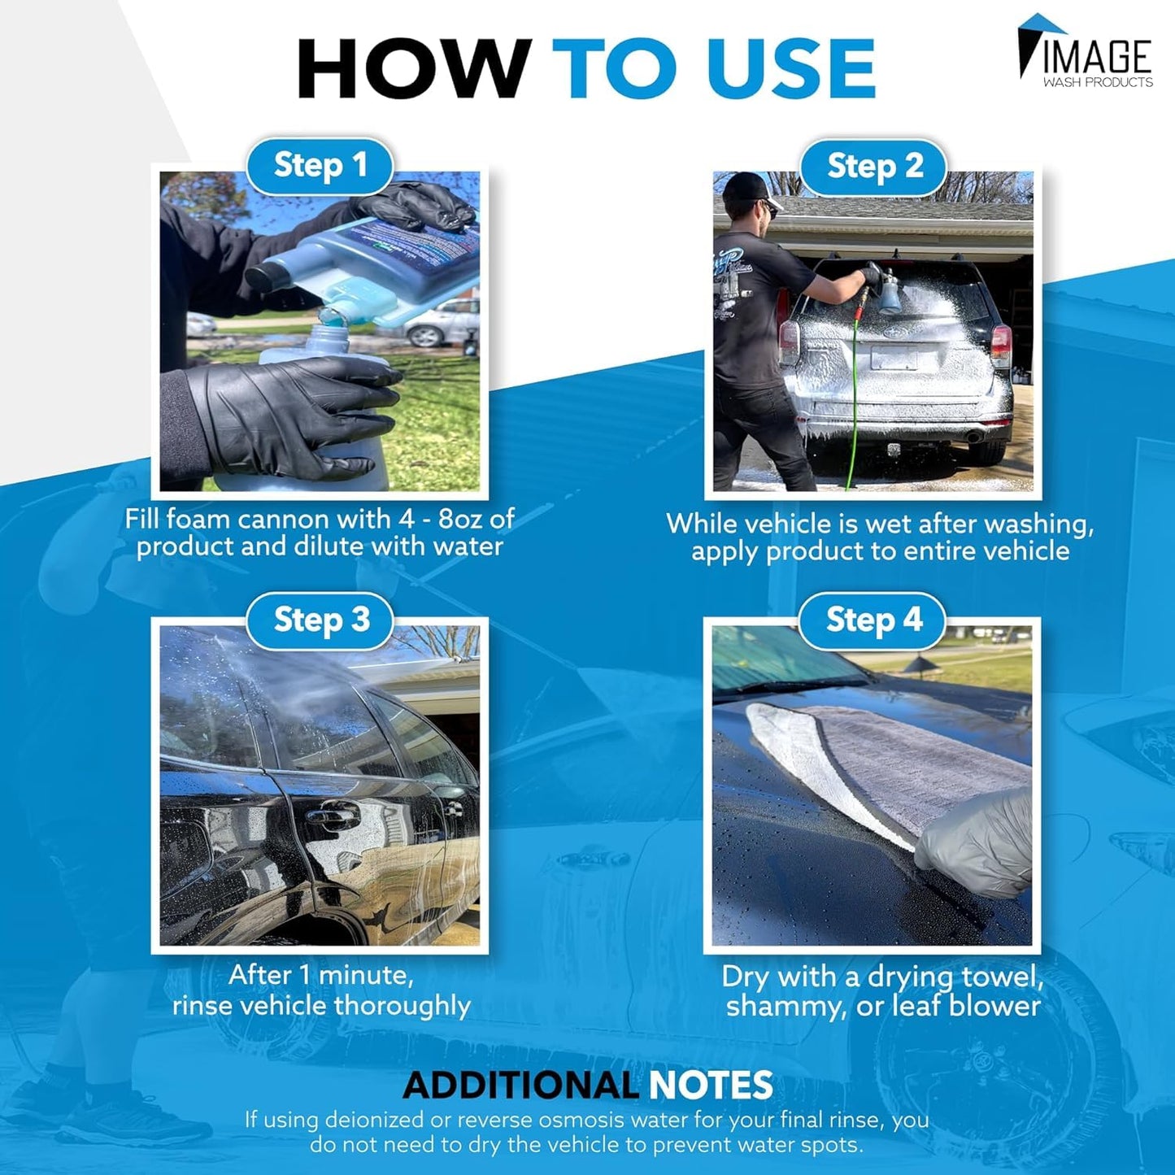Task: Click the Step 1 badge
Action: click(x=320, y=166)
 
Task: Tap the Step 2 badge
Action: click(x=874, y=167)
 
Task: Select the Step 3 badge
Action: click(x=320, y=620)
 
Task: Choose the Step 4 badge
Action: click(x=873, y=620)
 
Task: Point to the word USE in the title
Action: click(x=790, y=68)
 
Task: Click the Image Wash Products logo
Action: click(x=1085, y=52)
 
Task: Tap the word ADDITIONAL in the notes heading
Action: click(x=520, y=1086)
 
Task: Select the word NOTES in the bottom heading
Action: click(x=711, y=1086)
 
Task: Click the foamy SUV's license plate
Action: click(x=894, y=358)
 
